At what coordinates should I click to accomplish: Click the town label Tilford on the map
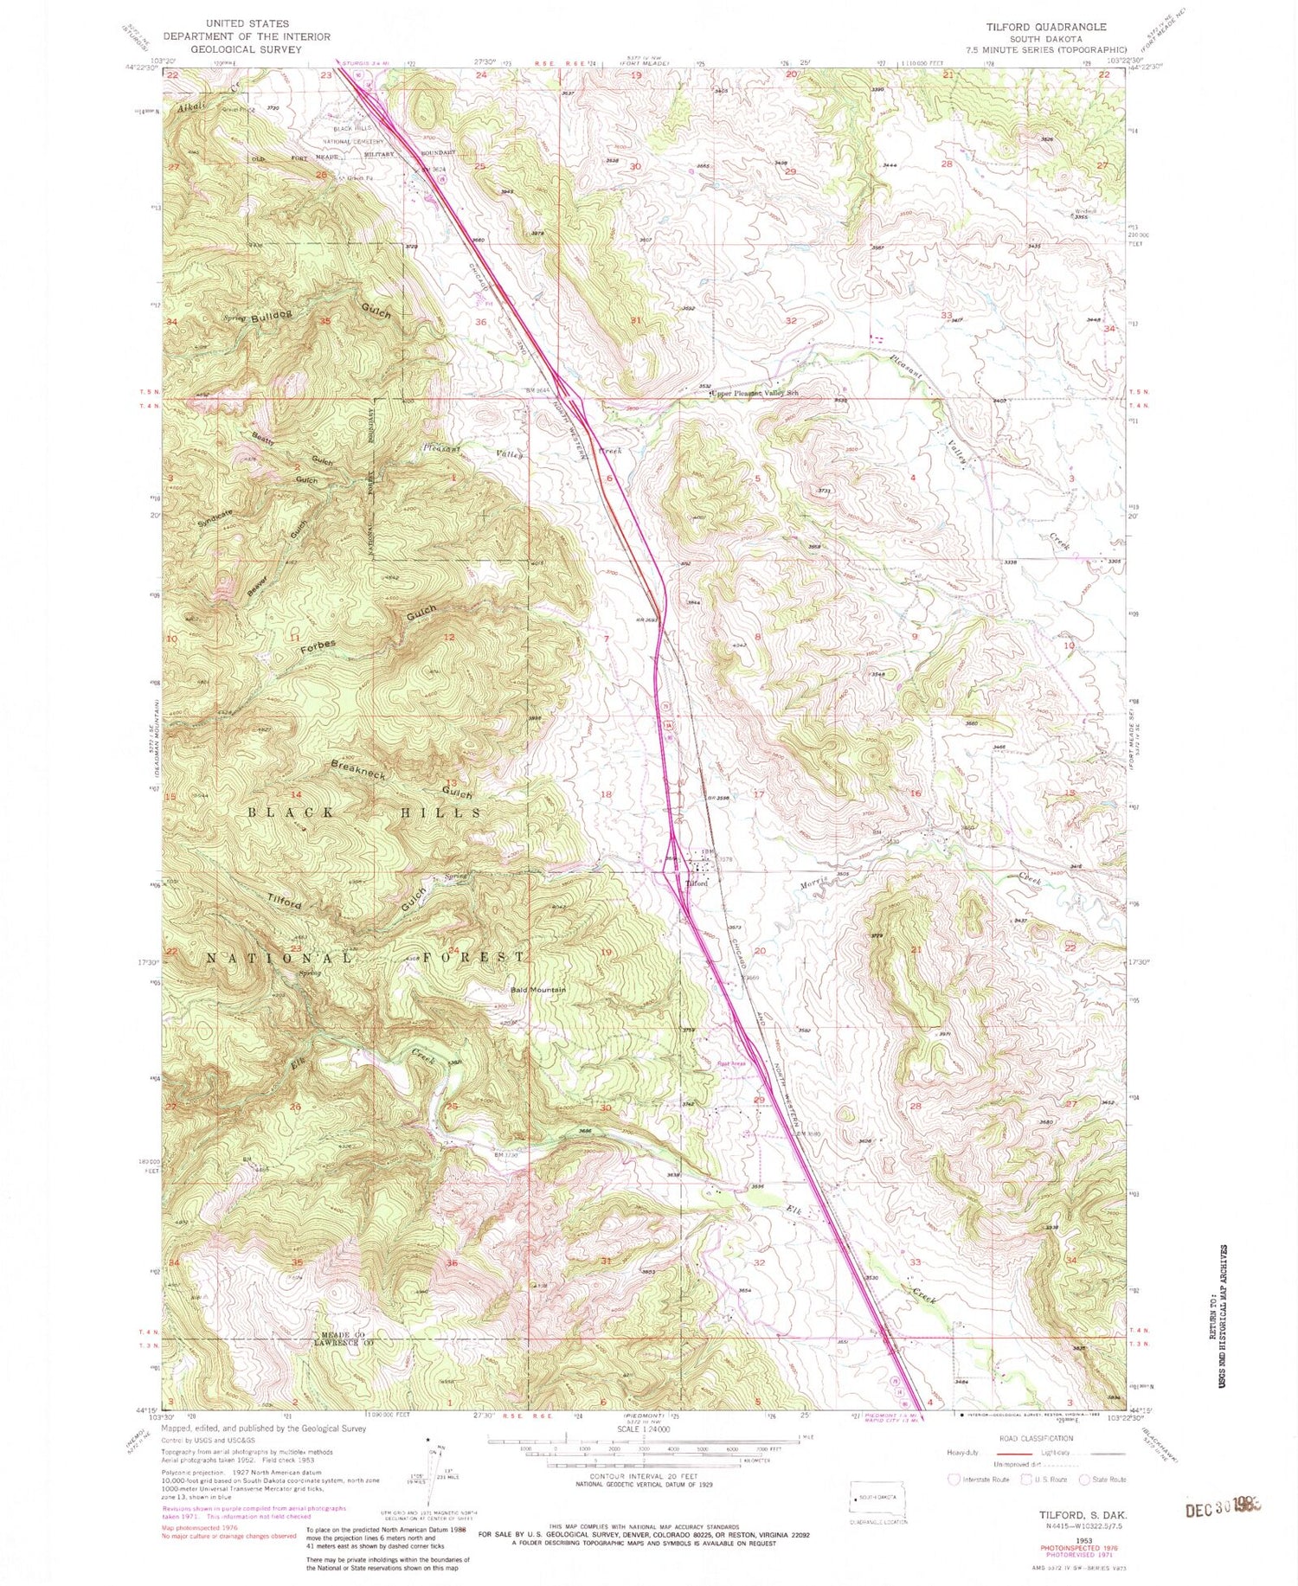pyautogui.click(x=697, y=883)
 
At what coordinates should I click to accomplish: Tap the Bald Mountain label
pyautogui.click(x=537, y=990)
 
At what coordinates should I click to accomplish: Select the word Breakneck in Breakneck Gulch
pyautogui.click(x=358, y=769)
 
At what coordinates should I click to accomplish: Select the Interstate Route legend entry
pyautogui.click(x=980, y=1480)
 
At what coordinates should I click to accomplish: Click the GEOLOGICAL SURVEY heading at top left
pyautogui.click(x=247, y=49)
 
